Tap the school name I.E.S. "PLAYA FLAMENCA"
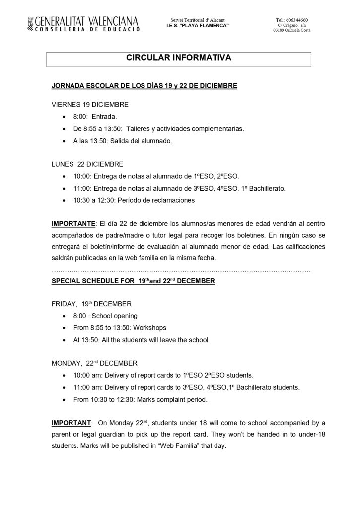198,25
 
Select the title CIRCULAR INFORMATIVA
179,58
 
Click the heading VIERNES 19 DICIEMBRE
90,105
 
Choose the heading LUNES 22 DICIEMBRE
87,164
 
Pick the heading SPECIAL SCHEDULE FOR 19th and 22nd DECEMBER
133,281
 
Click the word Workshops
148,328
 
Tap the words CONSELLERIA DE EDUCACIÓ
82,29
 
